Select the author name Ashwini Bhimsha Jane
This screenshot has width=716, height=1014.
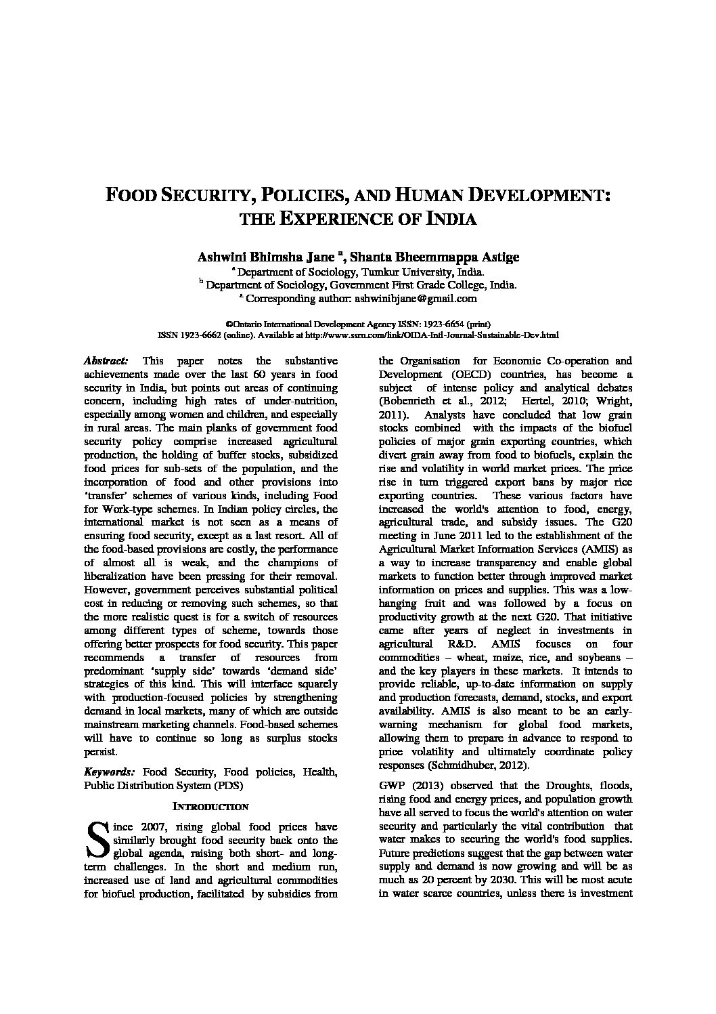(265, 257)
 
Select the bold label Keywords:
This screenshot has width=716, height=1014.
(109, 772)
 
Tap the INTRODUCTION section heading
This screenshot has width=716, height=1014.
(210, 807)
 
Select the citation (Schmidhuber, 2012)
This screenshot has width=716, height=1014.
(474, 765)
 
